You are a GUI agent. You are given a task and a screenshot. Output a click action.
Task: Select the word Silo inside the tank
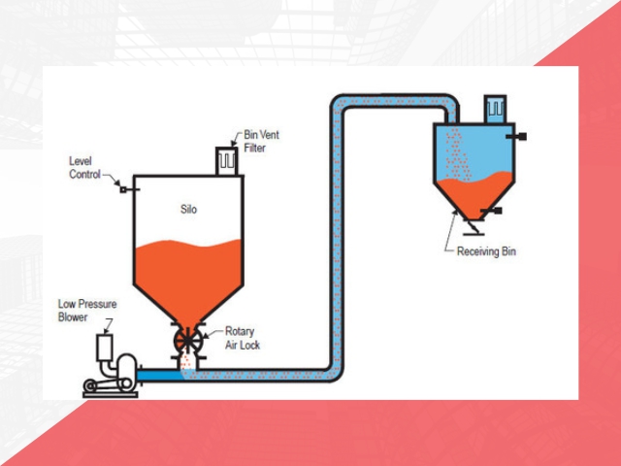pyautogui.click(x=189, y=209)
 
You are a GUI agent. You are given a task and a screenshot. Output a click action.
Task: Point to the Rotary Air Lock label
pyautogui.click(x=242, y=337)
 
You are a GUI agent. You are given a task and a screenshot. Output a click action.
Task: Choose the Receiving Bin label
pyautogui.click(x=486, y=251)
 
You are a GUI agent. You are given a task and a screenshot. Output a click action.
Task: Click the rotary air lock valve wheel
pyautogui.click(x=186, y=341)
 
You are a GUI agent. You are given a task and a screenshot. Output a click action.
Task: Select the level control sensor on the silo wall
pyautogui.click(x=123, y=187)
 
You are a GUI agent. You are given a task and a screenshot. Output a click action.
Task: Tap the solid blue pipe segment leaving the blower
pyautogui.click(x=156, y=371)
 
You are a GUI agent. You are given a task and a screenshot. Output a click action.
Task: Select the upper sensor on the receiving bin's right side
pyautogui.click(x=521, y=136)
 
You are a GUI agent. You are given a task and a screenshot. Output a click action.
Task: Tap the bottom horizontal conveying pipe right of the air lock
pyautogui.click(x=262, y=373)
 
